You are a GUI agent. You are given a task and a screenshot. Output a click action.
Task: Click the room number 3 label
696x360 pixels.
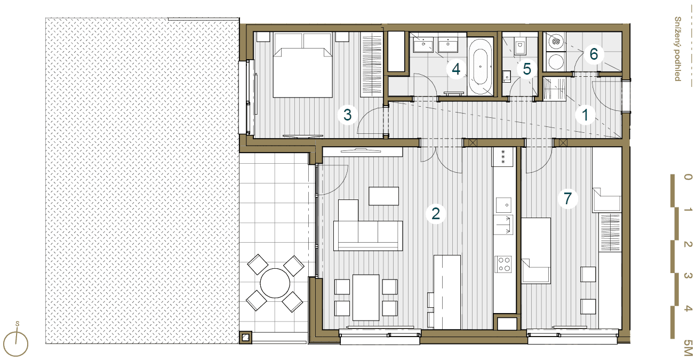coord(347,115)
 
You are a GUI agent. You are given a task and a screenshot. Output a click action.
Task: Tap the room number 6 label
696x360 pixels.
coord(594,54)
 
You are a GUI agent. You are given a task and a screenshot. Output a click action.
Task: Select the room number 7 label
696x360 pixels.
coord(567,198)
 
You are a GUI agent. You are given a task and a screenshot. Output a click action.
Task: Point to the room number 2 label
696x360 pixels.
coord(436,213)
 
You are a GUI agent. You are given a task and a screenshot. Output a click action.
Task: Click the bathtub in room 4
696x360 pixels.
coord(481,67)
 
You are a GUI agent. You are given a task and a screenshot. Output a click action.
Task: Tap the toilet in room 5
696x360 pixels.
coord(519,47)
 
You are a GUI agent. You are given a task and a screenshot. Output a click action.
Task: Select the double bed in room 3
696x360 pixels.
coord(302,65)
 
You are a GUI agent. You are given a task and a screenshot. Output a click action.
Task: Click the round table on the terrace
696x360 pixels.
coord(275,283)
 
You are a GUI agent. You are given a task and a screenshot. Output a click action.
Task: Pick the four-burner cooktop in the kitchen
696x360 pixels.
coord(503,265)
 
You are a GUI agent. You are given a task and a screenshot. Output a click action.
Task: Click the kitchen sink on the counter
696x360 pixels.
coord(503,205)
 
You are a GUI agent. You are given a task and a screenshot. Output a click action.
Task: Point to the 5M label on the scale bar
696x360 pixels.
coord(688,348)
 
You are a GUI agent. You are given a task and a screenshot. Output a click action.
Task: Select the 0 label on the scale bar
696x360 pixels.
coord(688,177)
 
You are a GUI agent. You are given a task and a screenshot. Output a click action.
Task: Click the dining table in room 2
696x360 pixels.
coord(366,297)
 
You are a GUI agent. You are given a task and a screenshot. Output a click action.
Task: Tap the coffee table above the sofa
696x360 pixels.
coord(383,196)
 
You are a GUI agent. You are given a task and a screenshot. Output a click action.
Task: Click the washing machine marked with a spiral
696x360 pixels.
coord(556,41)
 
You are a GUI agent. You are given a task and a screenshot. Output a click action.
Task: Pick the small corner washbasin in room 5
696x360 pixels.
coord(507,76)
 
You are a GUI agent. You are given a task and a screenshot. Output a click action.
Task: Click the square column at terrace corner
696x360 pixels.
coord(245,337)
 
